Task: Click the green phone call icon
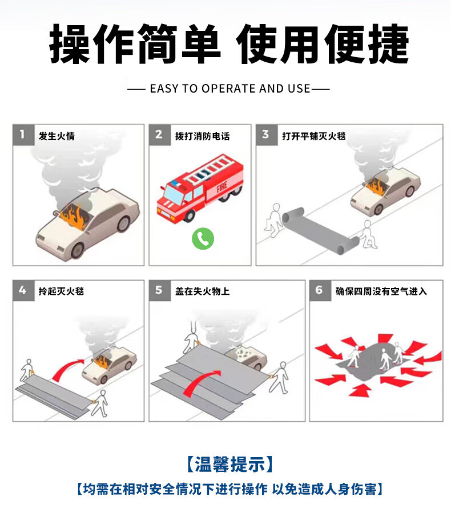(x=203, y=238)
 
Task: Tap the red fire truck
(x=200, y=188)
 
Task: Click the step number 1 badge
(x=23, y=135)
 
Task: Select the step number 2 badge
(x=160, y=135)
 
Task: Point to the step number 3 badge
(x=267, y=135)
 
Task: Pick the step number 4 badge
(x=23, y=290)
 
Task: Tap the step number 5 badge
(x=160, y=290)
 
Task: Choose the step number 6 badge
(x=320, y=290)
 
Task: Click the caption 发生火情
(x=57, y=136)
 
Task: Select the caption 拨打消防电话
(x=203, y=136)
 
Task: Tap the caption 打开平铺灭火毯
(x=314, y=136)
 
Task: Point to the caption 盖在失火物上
(x=203, y=291)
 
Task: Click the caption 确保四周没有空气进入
(x=381, y=291)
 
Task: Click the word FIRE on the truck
(x=222, y=186)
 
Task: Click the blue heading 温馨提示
(x=229, y=465)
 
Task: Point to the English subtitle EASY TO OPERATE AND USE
(x=230, y=89)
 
